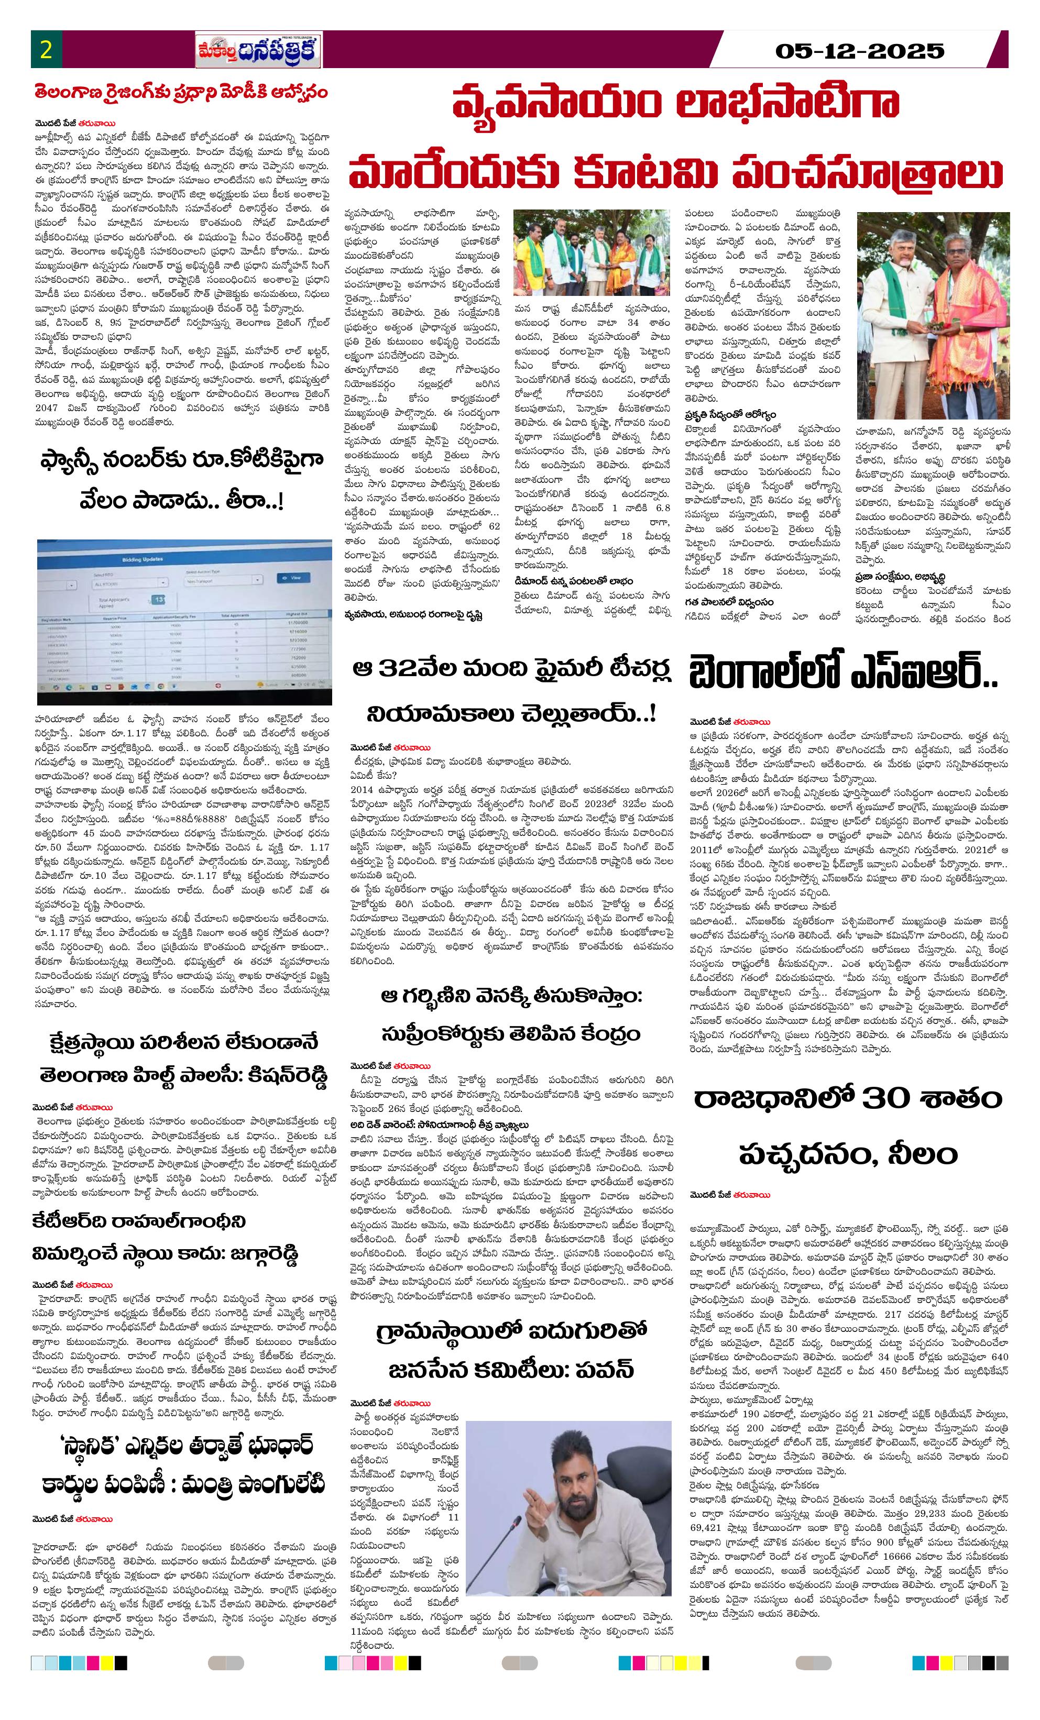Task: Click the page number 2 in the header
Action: pyautogui.click(x=47, y=50)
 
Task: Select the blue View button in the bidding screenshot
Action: pyautogui.click(x=293, y=578)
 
